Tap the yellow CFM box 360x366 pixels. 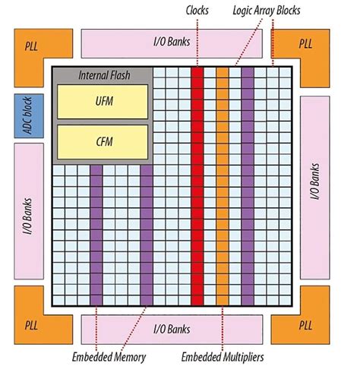pyautogui.click(x=102, y=140)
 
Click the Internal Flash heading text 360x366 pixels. pyautogui.click(x=102, y=77)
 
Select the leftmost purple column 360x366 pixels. pyautogui.click(x=96, y=235)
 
